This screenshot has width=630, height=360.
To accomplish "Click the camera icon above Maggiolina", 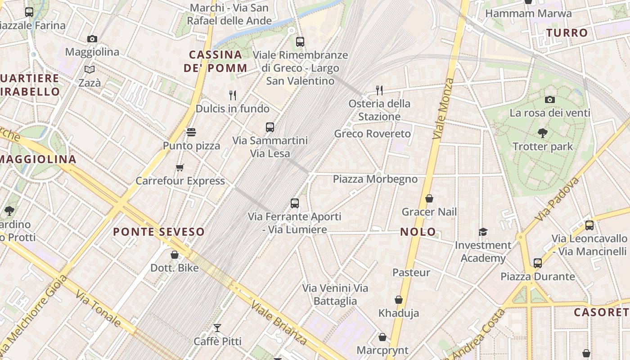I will point(92,39).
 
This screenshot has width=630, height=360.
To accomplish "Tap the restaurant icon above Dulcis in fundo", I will point(233,95).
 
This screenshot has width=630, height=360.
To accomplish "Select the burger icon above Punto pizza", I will point(191,132).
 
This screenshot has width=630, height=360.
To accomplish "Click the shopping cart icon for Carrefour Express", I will point(180,168).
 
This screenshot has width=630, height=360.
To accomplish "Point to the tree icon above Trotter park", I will point(543,133).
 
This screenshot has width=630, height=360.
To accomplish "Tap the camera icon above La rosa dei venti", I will point(549,99).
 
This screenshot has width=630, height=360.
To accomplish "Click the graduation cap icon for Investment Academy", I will point(483,232).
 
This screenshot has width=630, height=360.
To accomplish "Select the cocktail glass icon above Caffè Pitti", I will point(217,328).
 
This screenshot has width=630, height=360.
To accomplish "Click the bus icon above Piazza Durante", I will point(538,263).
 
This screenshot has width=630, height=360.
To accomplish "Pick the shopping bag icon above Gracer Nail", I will point(429,198).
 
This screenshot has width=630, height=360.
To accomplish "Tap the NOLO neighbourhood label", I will point(418,232).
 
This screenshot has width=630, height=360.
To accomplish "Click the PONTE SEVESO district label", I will point(159,232).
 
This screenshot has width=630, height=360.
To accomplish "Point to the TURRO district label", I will point(567,33).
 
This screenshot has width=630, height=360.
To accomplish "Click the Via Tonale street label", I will point(98,308).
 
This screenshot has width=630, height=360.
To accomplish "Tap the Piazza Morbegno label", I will point(375,179).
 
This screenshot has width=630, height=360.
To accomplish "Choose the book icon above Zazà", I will point(90,69).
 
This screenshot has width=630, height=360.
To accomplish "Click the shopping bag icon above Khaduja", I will point(398,300).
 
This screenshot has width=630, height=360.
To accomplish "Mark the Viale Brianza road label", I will point(279,323).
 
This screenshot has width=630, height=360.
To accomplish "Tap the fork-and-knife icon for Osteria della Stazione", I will point(379,90).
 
